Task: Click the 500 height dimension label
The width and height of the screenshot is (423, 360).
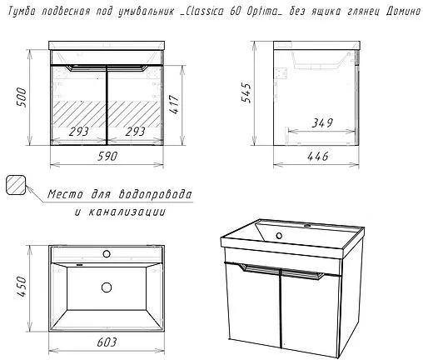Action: pyautogui.click(x=22, y=97)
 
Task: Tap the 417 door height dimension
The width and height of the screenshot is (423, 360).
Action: pyautogui.click(x=175, y=104)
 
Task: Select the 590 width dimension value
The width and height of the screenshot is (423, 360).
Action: pyautogui.click(x=107, y=157)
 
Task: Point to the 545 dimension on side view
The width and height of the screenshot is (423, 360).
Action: pyautogui.click(x=246, y=92)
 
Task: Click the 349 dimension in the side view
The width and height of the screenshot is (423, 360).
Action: pyautogui.click(x=322, y=122)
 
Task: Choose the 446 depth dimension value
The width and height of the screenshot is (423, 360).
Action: pyautogui.click(x=318, y=157)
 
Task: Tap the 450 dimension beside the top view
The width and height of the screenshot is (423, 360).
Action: pyautogui.click(x=22, y=287)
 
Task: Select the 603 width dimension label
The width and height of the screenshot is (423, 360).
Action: pyautogui.click(x=107, y=342)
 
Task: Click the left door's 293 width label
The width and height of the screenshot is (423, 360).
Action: pyautogui.click(x=79, y=132)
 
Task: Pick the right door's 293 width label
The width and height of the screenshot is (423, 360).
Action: pyautogui.click(x=135, y=132)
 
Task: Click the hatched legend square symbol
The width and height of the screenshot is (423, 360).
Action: pyautogui.click(x=16, y=185)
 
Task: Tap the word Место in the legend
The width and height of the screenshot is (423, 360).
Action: pyautogui.click(x=65, y=194)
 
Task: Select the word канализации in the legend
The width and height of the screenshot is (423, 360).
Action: pyautogui.click(x=127, y=212)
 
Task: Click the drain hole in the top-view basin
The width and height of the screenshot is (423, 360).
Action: pyautogui.click(x=107, y=287)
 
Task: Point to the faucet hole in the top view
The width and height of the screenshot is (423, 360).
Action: pyautogui.click(x=107, y=253)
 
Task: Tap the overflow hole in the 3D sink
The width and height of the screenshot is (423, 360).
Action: pyautogui.click(x=279, y=236)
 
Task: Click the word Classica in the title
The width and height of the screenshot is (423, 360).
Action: pyautogui.click(x=205, y=12)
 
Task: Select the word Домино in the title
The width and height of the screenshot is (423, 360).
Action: pyautogui.click(x=404, y=12)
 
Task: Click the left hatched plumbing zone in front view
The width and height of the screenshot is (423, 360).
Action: pyautogui.click(x=79, y=114)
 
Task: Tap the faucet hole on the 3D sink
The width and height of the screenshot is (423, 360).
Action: pyautogui.click(x=307, y=226)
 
